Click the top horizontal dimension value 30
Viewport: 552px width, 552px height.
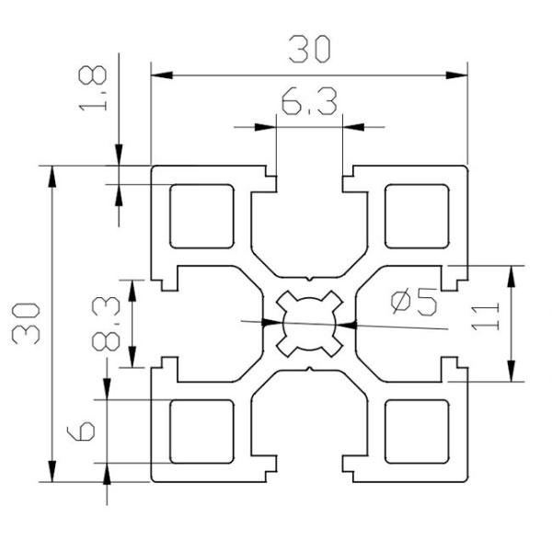pos(308,48)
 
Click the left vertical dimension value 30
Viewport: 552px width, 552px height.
pos(24,321)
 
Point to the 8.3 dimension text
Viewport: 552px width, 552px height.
pos(106,324)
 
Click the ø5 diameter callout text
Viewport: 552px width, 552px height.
pos(413,301)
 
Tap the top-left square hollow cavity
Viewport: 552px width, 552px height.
pos(201,216)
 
